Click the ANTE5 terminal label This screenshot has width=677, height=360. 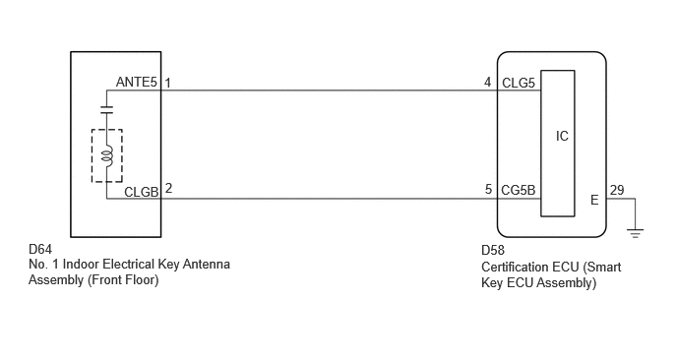click(137, 82)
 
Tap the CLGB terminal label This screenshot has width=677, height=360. click(142, 192)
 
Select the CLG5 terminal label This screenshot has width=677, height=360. click(519, 83)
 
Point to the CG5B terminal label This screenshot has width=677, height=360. click(519, 190)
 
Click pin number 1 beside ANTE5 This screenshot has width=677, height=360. click(167, 83)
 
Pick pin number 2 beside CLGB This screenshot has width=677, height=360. click(168, 188)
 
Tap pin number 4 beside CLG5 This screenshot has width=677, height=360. click(488, 82)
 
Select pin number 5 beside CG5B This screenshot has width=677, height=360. click(488, 189)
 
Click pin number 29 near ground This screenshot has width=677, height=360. click(617, 190)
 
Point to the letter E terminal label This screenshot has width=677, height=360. click(594, 200)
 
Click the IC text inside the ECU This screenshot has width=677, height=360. click(562, 136)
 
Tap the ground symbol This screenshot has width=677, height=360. click(635, 233)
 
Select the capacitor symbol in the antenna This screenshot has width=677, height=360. click(106, 109)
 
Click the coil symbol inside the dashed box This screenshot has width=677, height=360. click(107, 155)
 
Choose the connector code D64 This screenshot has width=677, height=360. click(40, 250)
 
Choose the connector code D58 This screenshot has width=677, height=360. click(493, 251)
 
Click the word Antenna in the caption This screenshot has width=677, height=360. click(206, 265)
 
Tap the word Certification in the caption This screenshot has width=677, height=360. click(508, 267)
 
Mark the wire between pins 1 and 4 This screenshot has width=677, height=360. click(329, 90)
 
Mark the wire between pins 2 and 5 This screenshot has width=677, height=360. click(329, 199)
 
